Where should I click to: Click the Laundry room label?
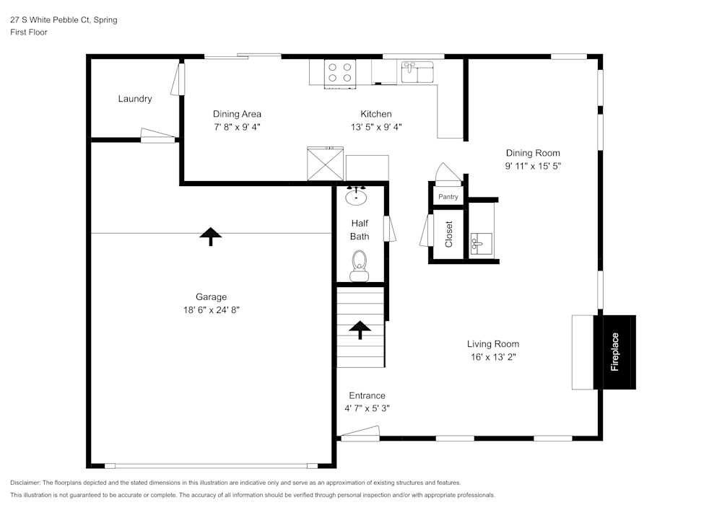tap(135, 99)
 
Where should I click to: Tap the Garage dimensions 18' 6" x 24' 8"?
tap(211, 310)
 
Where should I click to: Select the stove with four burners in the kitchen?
tap(340, 73)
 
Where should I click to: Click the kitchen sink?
tap(417, 72)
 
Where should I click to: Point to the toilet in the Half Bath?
tap(359, 265)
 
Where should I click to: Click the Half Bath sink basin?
tap(356, 196)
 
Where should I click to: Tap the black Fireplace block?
tap(614, 352)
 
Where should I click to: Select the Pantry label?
tap(448, 197)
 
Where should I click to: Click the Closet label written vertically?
tap(448, 234)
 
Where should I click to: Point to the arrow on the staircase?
tap(359, 329)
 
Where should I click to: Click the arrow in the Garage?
tap(210, 234)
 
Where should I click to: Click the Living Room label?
tap(492, 344)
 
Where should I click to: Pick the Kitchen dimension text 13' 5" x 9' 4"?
tap(376, 127)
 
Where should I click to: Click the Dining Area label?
tap(237, 114)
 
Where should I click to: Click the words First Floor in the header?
tap(29, 32)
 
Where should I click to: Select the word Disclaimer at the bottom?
tap(25, 483)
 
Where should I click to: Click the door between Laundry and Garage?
tap(157, 136)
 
